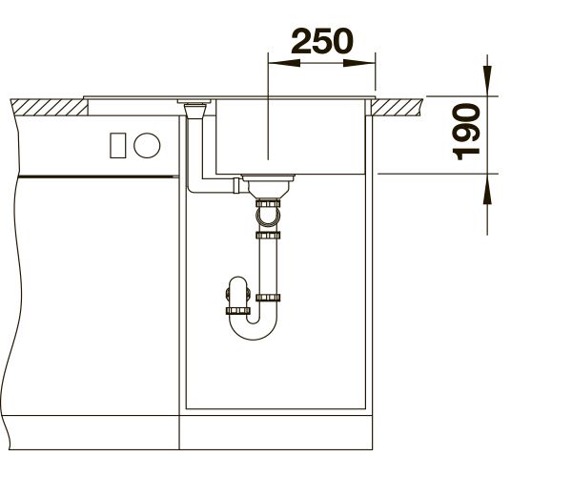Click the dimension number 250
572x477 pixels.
coord(322,41)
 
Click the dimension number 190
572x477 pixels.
coord(466,132)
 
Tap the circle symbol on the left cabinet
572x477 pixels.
coord(147,145)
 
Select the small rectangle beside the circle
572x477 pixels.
coord(118,145)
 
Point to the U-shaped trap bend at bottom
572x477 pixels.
coord(254,330)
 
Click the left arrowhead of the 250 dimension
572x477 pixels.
coord(284,63)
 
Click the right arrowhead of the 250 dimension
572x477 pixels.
coord(359,63)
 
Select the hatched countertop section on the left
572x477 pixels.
coord(50,107)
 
